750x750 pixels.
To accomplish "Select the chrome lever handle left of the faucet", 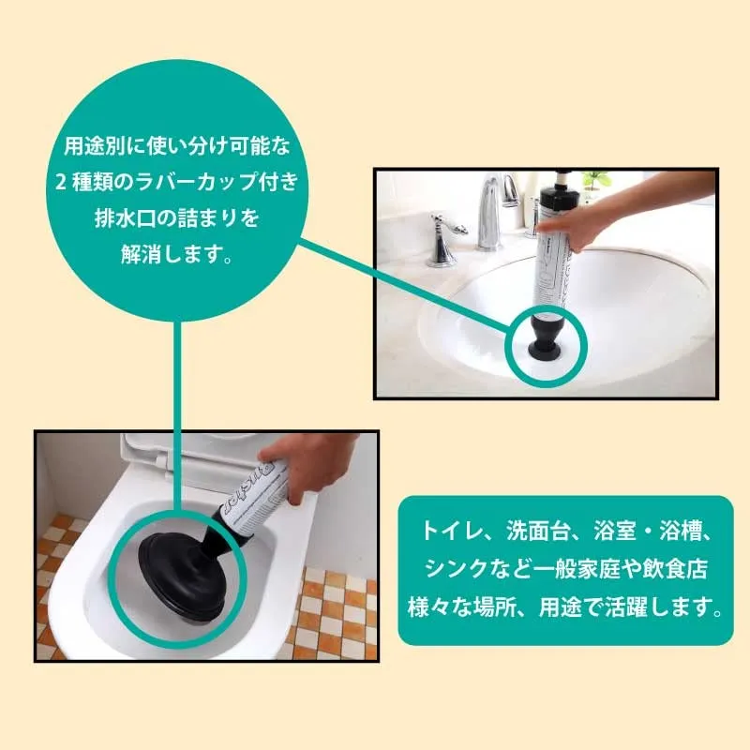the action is (443, 238).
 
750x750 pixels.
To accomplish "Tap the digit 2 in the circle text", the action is (61, 182).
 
